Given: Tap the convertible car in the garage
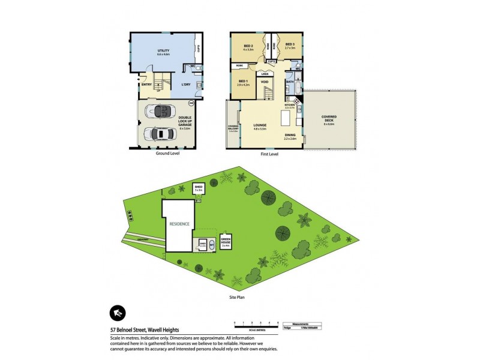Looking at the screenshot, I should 161,112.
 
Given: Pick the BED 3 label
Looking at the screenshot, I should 290,45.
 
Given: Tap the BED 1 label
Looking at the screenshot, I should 243,82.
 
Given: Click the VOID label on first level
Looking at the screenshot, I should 264,82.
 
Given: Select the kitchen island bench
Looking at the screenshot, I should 286,115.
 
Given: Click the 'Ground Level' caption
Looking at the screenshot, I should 167,153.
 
